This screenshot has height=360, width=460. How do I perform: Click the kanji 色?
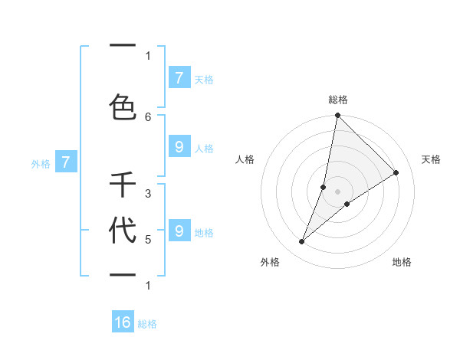[x=123, y=106]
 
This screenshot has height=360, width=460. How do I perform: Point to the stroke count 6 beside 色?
[x=148, y=116]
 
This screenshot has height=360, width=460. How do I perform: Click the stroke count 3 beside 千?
[x=148, y=194]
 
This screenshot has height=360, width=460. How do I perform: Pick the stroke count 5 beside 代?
[x=148, y=239]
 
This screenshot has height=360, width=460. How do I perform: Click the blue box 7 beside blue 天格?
[x=179, y=77]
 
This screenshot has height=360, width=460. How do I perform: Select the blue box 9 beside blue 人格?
[x=179, y=147]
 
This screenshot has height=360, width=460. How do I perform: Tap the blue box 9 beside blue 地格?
[x=179, y=231]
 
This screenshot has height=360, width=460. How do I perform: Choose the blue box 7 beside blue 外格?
[x=66, y=162]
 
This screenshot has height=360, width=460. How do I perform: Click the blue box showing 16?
[x=123, y=322]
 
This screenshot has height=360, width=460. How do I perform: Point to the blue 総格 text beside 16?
[x=147, y=324]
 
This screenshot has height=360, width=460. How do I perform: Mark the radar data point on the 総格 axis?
[x=337, y=116]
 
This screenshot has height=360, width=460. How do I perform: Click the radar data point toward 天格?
[x=396, y=173]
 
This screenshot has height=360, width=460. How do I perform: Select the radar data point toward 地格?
[x=347, y=204]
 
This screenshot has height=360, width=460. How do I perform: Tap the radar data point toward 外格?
[x=302, y=242]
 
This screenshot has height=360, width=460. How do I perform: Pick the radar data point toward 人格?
[x=324, y=187]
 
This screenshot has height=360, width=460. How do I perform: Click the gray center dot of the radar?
[x=337, y=191]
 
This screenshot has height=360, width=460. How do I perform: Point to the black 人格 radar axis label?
[x=245, y=159]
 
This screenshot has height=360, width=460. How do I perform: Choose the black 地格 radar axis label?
[x=402, y=262]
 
